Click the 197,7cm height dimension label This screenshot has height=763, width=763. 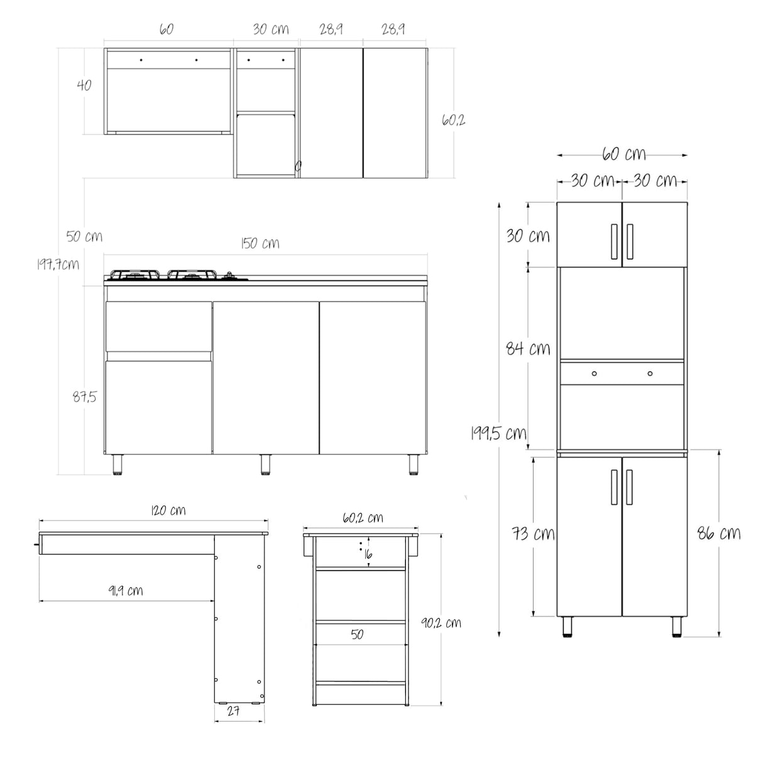(x=57, y=264)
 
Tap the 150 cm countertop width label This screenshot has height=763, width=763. (x=260, y=243)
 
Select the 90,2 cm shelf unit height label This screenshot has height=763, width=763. (x=441, y=622)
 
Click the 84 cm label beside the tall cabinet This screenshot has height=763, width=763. (x=528, y=348)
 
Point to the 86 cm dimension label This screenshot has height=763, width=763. (x=719, y=534)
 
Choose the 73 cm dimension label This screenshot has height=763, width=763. (x=533, y=534)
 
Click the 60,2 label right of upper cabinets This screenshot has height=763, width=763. (x=453, y=119)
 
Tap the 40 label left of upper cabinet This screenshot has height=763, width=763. (x=83, y=85)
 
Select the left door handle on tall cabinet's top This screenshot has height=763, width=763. (x=612, y=241)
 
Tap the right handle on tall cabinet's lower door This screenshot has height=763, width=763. (x=629, y=486)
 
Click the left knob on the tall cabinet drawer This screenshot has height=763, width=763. (x=594, y=374)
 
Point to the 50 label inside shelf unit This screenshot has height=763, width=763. (x=357, y=635)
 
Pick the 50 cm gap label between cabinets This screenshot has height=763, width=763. (x=84, y=237)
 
